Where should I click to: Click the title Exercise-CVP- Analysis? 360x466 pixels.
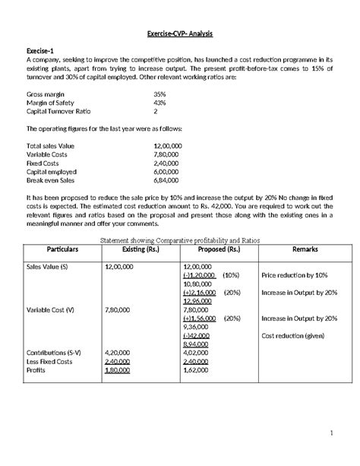point(180,33)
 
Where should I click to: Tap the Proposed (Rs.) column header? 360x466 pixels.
point(218,249)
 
